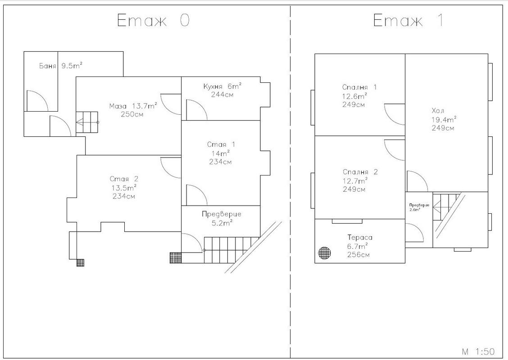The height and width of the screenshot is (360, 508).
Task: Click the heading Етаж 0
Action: click(x=153, y=20)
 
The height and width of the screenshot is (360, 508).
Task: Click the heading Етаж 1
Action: click(x=408, y=20)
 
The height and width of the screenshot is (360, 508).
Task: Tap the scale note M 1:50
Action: click(x=478, y=351)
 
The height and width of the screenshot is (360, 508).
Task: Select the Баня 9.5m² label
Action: click(x=61, y=66)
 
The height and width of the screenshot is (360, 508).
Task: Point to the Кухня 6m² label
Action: click(x=222, y=86)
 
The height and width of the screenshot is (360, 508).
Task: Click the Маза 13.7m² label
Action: click(x=133, y=106)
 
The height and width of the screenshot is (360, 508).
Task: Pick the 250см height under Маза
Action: click(x=132, y=114)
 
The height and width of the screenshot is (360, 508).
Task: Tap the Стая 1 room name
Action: click(x=221, y=144)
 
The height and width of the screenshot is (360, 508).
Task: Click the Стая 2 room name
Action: click(x=124, y=179)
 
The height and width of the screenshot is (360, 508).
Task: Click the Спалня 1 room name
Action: click(x=359, y=87)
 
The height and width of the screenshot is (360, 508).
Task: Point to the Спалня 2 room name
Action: click(x=360, y=172)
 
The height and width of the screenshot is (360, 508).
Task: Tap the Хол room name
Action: click(x=438, y=110)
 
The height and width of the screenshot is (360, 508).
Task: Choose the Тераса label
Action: click(x=360, y=237)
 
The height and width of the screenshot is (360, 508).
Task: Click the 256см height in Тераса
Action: click(x=358, y=254)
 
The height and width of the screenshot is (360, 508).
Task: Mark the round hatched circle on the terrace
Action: click(x=324, y=253)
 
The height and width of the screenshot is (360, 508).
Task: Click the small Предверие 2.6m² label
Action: click(x=419, y=207)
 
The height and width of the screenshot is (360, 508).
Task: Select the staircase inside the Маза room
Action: click(x=87, y=122)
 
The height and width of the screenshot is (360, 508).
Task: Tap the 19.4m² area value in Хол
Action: click(x=444, y=119)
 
